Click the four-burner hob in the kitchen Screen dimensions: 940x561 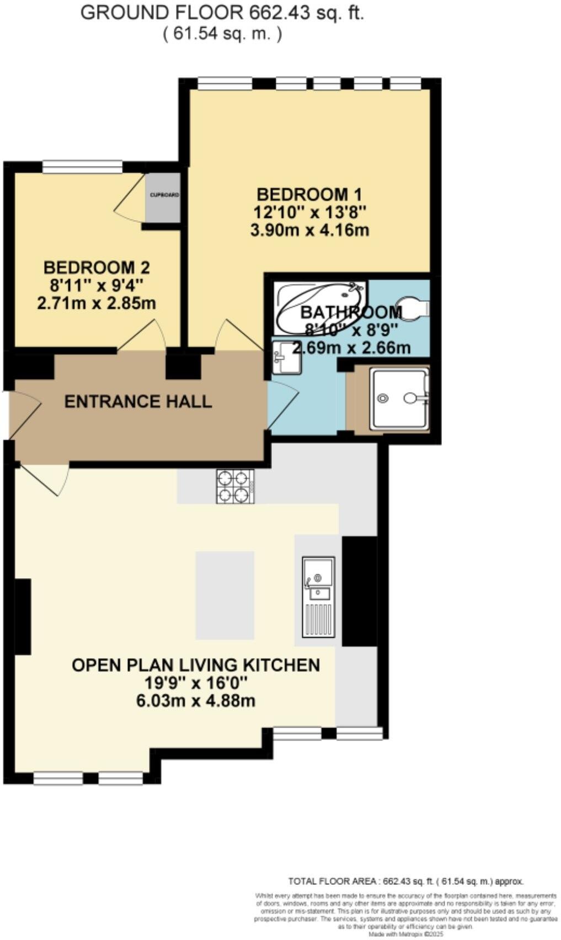236,486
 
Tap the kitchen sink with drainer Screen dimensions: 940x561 318,596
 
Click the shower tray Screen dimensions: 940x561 399,399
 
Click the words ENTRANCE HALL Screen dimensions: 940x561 138,401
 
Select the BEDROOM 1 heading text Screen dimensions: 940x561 309,194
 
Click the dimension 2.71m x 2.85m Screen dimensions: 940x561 96,303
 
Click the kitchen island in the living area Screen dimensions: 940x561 225,595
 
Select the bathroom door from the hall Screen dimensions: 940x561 282,405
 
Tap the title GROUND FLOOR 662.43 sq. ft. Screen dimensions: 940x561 222,13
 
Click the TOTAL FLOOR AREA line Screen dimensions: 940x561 405,881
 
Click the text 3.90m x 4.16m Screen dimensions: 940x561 309,230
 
